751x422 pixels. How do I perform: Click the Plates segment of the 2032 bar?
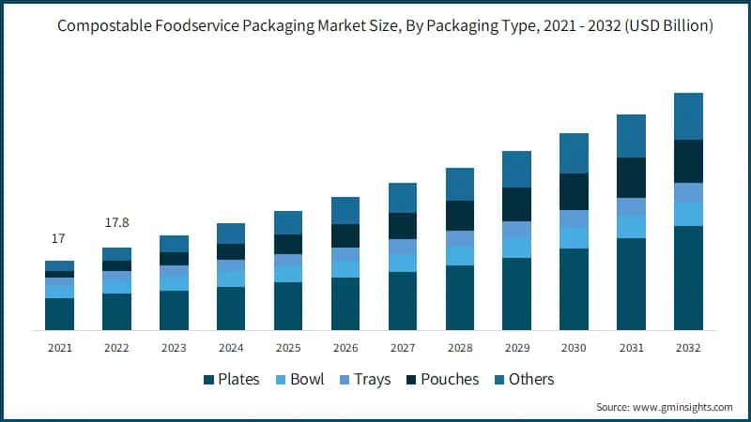click(x=689, y=278)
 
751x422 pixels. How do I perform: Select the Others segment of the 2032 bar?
click(x=689, y=116)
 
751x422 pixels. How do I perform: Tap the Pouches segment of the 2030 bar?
click(x=575, y=191)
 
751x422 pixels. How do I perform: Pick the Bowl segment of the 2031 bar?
click(x=632, y=227)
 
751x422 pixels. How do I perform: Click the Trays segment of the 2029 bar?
click(x=517, y=229)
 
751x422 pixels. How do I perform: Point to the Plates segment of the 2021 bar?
click(x=59, y=314)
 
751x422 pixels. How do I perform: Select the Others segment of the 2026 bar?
click(x=345, y=210)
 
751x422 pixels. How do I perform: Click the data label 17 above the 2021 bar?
click(x=58, y=239)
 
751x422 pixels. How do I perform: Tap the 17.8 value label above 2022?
click(x=116, y=222)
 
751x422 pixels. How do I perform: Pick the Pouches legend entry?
click(x=442, y=380)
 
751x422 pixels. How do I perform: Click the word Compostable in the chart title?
click(x=102, y=26)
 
